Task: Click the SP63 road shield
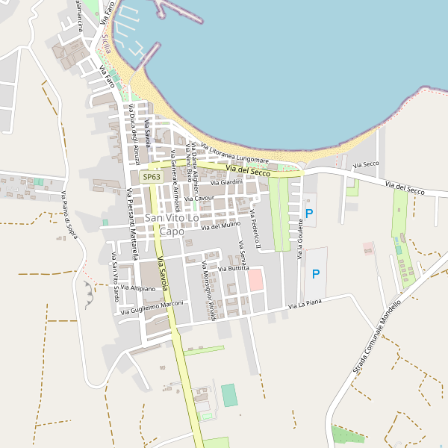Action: point(152,177)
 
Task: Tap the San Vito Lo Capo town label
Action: point(172,224)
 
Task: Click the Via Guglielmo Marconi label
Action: point(153,308)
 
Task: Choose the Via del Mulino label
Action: point(221,225)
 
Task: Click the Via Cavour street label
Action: point(199,199)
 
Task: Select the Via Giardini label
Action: point(227,183)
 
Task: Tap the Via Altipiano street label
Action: point(137,287)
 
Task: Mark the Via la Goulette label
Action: point(301,231)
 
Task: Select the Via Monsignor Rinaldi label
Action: point(208,291)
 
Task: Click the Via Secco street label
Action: point(367,164)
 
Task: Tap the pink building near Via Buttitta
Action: point(255,281)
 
